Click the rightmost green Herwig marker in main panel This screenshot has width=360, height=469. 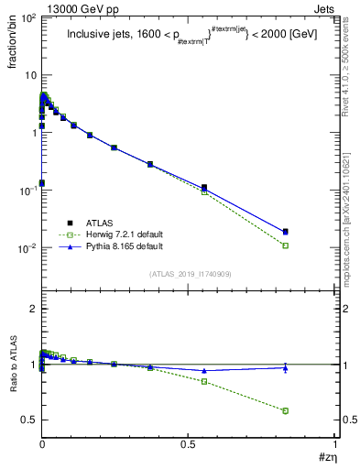(x=286, y=245)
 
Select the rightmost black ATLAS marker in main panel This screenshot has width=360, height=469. (x=286, y=232)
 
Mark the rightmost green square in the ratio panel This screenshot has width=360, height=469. (x=286, y=410)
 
